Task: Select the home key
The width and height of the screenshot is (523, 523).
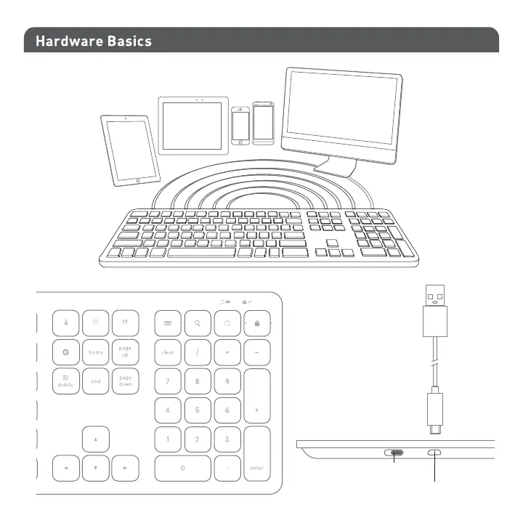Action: pos(96,352)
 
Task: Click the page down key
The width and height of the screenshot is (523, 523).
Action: pos(126,381)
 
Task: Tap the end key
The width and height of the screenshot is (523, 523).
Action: pos(96,381)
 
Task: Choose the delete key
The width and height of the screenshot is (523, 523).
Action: pos(65,381)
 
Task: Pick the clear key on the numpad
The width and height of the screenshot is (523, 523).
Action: pos(167,352)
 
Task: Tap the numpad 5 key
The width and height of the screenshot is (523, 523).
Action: pos(197,410)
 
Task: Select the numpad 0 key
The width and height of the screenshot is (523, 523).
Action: pos(182,469)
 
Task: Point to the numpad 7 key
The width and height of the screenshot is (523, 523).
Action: pos(167,381)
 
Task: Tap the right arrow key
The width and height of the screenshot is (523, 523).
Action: pos(126,469)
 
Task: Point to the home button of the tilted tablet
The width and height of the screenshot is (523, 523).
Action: pos(138,179)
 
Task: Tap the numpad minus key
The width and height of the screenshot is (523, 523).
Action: pos(256,352)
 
